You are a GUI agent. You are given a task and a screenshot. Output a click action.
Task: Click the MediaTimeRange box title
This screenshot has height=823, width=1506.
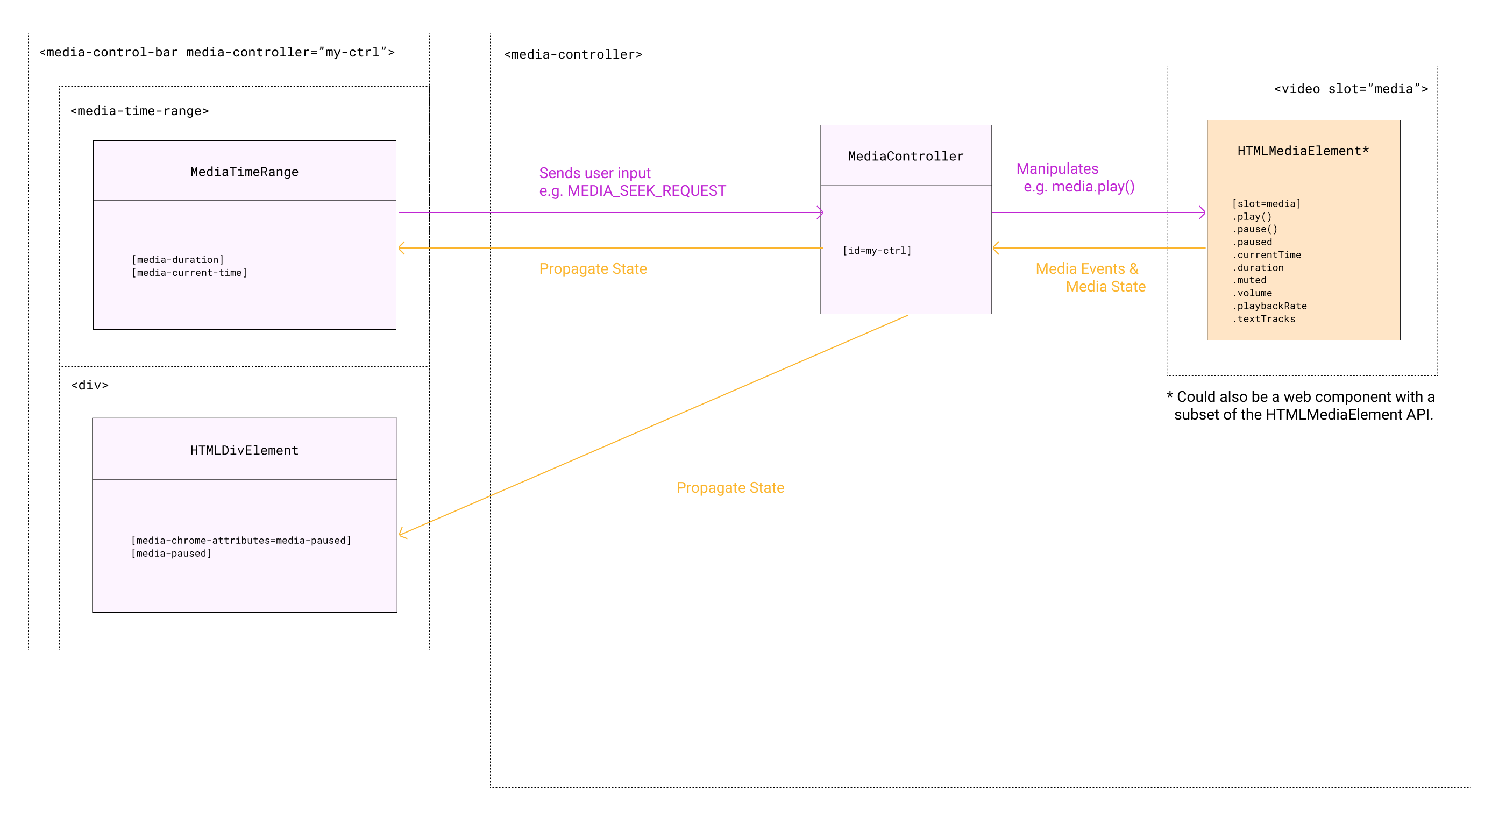click(244, 172)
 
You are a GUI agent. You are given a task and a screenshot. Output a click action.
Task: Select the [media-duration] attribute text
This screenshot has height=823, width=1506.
click(177, 259)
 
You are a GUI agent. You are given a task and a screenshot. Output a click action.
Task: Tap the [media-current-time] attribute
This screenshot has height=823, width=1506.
click(189, 273)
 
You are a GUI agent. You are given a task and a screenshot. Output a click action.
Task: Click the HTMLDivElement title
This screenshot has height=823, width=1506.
click(244, 450)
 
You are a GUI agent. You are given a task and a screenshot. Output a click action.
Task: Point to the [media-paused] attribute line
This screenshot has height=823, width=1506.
click(171, 554)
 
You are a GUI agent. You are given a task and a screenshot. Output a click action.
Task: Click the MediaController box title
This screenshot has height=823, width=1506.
click(906, 156)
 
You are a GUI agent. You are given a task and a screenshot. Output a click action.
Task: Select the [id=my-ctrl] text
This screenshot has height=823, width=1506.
click(876, 251)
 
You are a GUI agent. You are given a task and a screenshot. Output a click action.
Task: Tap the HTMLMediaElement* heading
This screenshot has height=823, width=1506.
click(1303, 151)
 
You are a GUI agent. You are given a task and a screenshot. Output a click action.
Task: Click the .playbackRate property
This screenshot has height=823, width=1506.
click(1269, 306)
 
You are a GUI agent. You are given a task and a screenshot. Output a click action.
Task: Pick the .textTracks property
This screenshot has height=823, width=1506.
click(1263, 319)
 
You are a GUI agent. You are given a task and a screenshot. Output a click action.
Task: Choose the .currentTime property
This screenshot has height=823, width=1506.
click(1266, 255)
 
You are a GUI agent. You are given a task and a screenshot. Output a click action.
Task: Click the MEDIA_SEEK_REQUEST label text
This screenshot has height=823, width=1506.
click(645, 191)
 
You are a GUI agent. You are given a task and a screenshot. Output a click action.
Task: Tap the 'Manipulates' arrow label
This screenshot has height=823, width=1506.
click(1057, 169)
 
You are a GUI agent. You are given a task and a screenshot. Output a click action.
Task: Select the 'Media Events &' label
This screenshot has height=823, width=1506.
click(1086, 269)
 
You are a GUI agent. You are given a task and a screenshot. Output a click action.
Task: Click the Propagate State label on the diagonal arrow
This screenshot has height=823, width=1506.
click(730, 487)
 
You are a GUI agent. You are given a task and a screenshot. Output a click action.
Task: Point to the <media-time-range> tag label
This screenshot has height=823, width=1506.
click(139, 111)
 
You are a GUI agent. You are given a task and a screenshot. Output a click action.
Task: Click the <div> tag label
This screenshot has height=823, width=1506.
click(89, 385)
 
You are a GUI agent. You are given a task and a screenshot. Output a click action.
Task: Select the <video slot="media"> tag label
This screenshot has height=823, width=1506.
click(1351, 89)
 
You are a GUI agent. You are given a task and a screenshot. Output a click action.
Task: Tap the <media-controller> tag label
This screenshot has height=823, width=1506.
click(573, 54)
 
